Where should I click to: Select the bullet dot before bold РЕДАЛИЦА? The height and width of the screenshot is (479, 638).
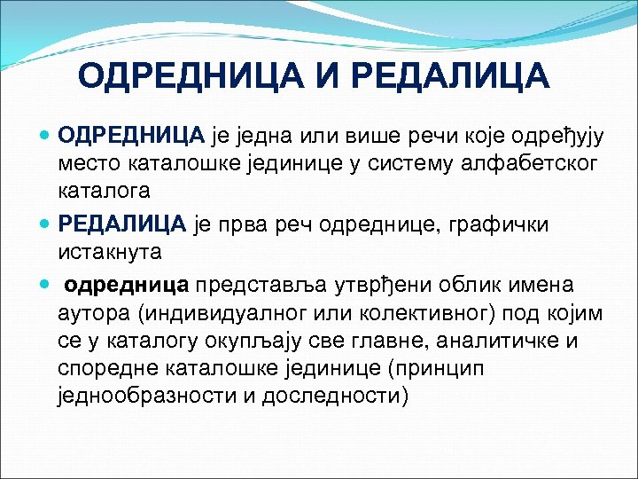click(46, 225)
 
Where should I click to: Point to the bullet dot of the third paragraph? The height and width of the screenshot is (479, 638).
click(46, 286)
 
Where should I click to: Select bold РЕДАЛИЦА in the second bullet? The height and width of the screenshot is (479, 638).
click(121, 224)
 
